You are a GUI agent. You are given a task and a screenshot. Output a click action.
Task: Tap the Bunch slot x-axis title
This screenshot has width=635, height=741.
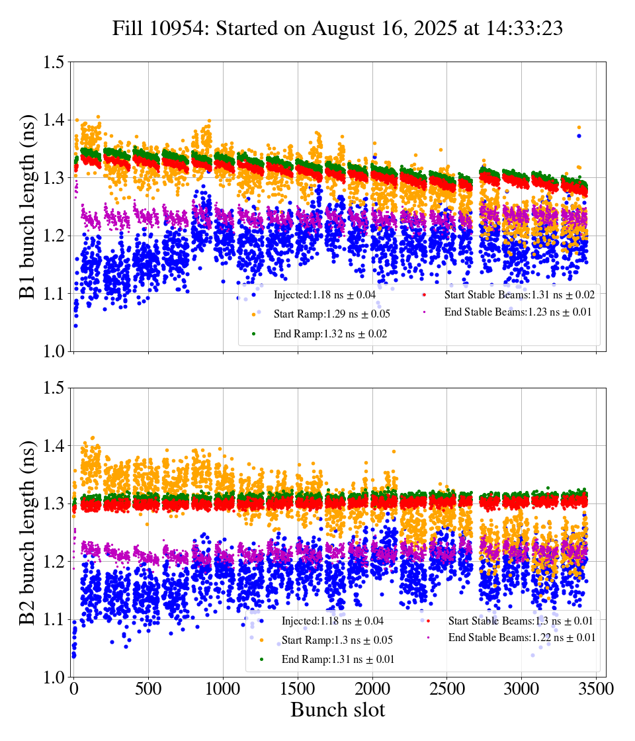[337, 711]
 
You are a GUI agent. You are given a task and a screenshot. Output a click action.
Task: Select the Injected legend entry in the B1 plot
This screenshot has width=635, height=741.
[329, 294]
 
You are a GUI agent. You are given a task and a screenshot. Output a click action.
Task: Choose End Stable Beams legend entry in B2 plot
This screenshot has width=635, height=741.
[521, 638]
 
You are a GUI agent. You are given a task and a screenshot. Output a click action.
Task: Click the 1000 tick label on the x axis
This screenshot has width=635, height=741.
[223, 689]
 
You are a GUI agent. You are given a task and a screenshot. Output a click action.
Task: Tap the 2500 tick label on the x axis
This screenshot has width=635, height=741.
[447, 689]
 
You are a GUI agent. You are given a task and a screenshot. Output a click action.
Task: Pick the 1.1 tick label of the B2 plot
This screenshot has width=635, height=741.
[54, 620]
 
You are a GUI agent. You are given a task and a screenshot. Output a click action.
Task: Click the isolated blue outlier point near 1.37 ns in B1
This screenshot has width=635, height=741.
[579, 136]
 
